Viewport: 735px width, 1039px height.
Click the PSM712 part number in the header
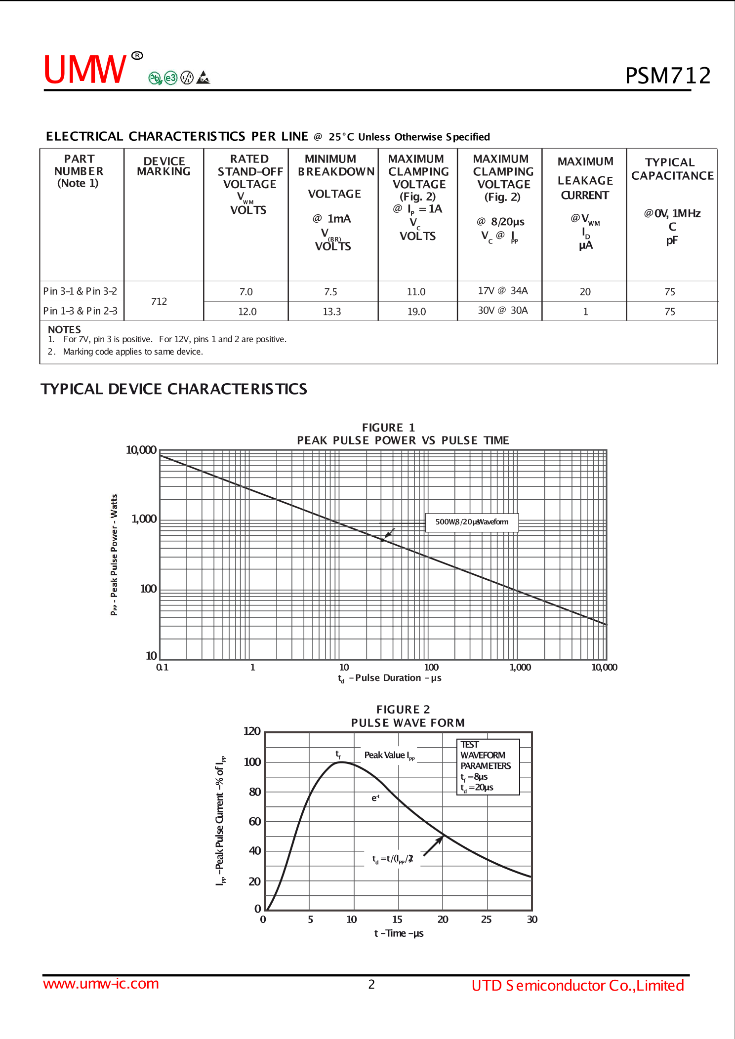click(668, 76)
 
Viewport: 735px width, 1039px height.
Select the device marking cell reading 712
click(159, 302)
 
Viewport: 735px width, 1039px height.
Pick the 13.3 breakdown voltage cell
click(332, 312)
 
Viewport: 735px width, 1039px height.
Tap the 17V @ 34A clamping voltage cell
click(502, 291)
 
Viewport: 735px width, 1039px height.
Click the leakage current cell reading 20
click(585, 292)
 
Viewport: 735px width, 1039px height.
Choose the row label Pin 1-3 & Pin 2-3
click(81, 311)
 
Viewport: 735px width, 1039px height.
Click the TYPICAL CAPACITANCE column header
click(672, 169)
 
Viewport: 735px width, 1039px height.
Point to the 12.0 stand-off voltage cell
click(247, 312)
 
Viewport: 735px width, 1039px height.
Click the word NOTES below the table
click(64, 329)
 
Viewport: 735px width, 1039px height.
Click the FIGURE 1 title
click(388, 428)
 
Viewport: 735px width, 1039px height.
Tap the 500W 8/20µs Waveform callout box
click(472, 522)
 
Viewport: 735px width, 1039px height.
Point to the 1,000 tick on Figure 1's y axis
click(144, 519)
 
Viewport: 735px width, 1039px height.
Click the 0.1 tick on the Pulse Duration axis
click(162, 668)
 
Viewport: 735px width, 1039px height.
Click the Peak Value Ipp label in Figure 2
click(389, 755)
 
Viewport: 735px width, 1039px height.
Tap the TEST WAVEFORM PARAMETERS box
click(488, 766)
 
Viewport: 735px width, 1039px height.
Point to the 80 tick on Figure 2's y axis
click(255, 792)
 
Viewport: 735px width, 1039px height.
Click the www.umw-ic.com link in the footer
click(101, 984)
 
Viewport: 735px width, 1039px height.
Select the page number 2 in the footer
click(371, 984)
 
